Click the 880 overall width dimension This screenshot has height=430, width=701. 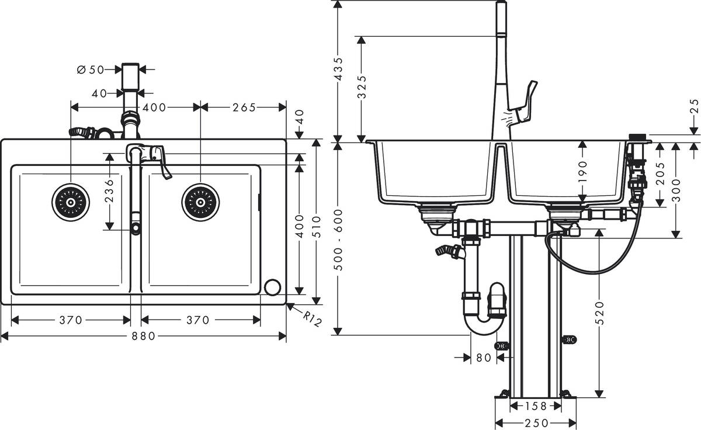coord(144,336)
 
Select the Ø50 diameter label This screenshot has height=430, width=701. coord(91,70)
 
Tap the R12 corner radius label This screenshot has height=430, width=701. coord(313,319)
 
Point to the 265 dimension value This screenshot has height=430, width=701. coord(244,107)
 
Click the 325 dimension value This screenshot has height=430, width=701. coord(362,88)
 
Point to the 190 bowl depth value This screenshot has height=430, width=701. coord(582,173)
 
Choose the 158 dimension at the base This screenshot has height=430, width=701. coord(535,406)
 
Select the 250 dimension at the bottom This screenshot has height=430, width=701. coord(536,423)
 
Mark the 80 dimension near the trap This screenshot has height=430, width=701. coord(483,358)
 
